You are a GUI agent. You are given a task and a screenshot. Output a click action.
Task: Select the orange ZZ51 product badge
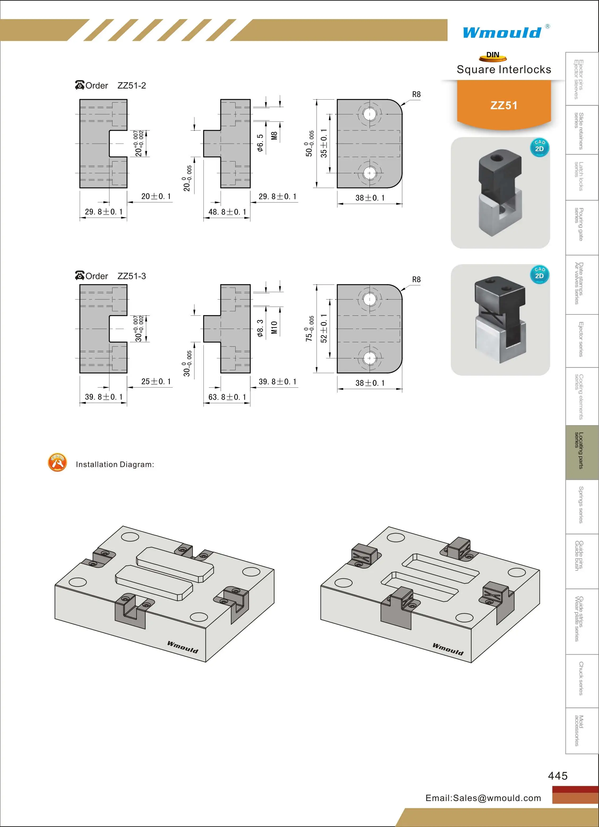tap(504, 105)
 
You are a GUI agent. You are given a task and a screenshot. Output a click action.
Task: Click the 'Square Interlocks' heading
tap(504, 69)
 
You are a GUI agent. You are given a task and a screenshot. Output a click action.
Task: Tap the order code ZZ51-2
tap(131, 86)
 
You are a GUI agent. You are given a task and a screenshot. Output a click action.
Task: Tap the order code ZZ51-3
tap(131, 276)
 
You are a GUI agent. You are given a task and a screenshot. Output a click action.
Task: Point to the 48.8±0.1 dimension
tap(227, 212)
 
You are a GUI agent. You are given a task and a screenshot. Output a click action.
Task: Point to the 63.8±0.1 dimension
tap(227, 397)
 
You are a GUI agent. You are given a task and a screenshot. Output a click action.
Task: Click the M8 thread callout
tap(274, 136)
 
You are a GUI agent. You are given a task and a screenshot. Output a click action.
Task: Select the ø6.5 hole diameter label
tap(260, 143)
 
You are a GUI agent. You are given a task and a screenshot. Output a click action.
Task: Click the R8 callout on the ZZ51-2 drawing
tap(416, 94)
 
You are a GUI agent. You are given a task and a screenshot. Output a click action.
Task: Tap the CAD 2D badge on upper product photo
tap(539, 147)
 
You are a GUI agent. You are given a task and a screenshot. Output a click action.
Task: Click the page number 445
tap(557, 776)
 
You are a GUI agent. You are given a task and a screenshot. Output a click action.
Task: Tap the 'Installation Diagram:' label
tap(115, 464)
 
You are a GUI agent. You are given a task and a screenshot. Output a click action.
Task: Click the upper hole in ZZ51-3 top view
tap(370, 299)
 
